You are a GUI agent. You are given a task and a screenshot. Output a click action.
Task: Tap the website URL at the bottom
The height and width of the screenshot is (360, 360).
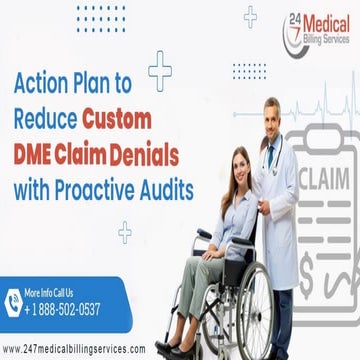(74, 349)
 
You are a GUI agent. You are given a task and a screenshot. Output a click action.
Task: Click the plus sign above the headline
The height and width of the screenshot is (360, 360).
(159, 70)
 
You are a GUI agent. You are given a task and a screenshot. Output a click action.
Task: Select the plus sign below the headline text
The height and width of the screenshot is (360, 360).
(125, 233)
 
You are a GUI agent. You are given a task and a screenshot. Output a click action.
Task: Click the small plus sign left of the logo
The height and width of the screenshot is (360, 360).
(249, 15)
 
